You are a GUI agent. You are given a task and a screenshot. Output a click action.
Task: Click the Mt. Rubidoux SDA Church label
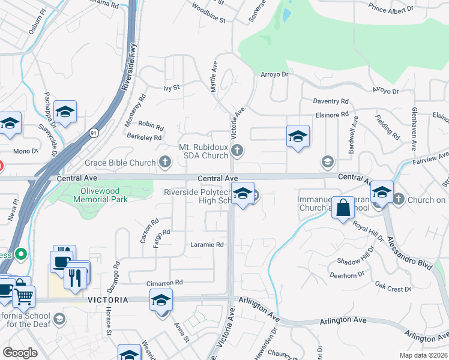click(x=204, y=151)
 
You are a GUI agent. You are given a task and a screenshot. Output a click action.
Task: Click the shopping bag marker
click(x=342, y=208)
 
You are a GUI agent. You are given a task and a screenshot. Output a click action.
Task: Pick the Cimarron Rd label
click(x=164, y=282)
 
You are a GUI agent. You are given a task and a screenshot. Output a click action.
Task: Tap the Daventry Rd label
click(x=331, y=102)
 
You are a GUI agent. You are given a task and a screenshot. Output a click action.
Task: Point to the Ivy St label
click(x=171, y=88)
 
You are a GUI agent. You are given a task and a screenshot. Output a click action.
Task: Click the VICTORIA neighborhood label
click(x=107, y=299)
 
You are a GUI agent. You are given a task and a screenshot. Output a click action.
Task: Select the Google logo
click(x=20, y=353)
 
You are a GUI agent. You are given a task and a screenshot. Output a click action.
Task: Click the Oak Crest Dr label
click(x=392, y=289)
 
